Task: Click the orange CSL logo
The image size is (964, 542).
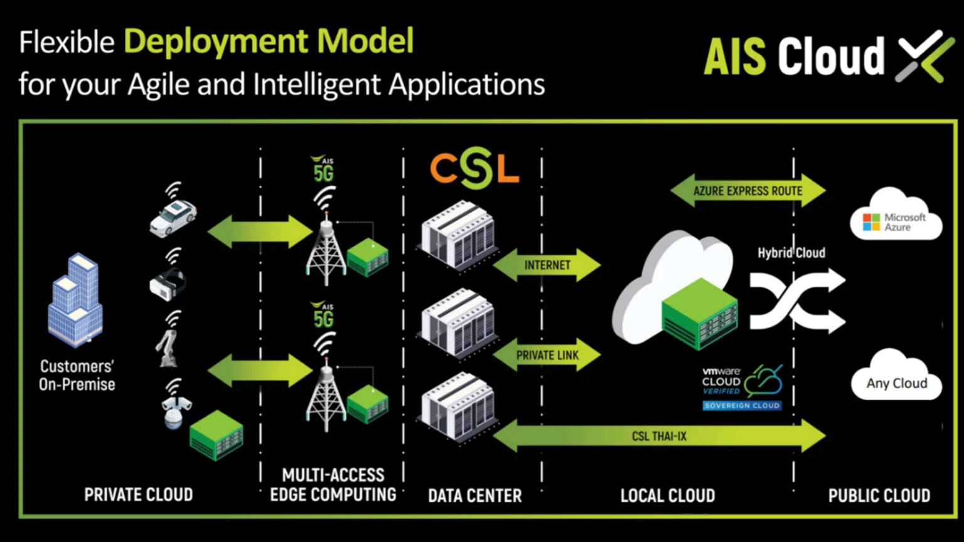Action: tap(474, 167)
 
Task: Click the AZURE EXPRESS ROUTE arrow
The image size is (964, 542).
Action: tap(747, 191)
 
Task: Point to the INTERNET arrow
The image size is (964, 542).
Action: tap(547, 265)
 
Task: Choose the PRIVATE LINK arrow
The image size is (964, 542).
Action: tap(547, 355)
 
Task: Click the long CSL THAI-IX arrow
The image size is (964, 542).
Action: tap(659, 436)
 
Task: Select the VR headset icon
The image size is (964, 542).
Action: tap(168, 283)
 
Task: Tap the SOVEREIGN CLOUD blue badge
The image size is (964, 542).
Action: tap(742, 406)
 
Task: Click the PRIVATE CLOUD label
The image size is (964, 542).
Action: tap(139, 495)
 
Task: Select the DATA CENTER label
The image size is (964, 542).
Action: tap(475, 496)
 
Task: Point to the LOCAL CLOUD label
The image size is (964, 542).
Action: tap(668, 496)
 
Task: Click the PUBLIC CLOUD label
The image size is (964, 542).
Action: tap(879, 496)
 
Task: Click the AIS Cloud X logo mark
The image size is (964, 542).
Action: tap(924, 56)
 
